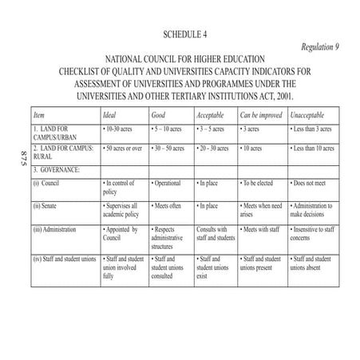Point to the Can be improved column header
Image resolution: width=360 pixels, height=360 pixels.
click(260, 115)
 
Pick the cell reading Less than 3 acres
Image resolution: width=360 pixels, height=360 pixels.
click(316, 129)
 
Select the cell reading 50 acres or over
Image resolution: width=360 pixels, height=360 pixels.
click(124, 148)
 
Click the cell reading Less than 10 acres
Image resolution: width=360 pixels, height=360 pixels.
click(318, 148)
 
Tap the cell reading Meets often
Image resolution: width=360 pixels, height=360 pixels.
click(168, 206)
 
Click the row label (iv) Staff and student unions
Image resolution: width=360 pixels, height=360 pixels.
click(65, 259)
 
